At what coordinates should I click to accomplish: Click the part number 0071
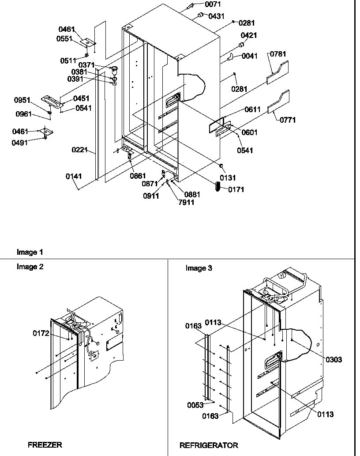click(213, 4)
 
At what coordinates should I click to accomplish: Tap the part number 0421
click(249, 35)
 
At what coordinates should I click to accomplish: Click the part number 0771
click(288, 120)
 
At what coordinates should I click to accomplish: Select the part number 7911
click(186, 203)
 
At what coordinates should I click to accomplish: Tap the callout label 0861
click(138, 176)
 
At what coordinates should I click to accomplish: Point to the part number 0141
click(74, 177)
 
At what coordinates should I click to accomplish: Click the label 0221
click(80, 150)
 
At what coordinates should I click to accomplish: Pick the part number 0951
click(22, 100)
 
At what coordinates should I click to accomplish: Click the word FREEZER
click(45, 445)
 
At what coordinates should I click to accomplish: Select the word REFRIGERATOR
click(209, 445)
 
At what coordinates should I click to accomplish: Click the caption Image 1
click(30, 252)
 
